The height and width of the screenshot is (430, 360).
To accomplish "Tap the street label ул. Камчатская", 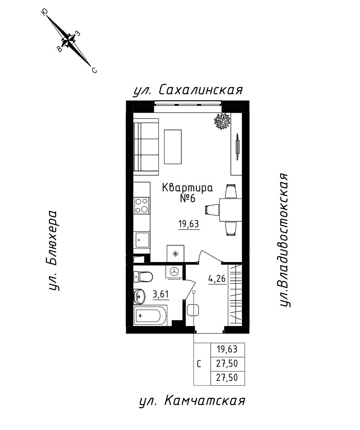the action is pyautogui.click(x=192, y=401).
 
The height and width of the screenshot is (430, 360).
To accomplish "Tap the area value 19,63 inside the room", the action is pyautogui.click(x=189, y=224).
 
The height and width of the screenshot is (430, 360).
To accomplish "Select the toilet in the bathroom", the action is pyautogui.click(x=143, y=277).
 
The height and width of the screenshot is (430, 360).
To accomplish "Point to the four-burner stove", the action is pyautogui.click(x=142, y=206).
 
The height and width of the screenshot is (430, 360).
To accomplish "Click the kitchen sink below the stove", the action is pyautogui.click(x=142, y=240).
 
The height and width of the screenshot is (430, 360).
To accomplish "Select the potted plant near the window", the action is pyautogui.click(x=222, y=121).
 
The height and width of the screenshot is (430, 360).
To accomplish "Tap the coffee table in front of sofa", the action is pyautogui.click(x=173, y=146).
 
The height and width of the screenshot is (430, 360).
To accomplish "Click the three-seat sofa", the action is pyautogui.click(x=146, y=147).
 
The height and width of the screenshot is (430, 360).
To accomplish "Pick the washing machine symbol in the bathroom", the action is pyautogui.click(x=173, y=272).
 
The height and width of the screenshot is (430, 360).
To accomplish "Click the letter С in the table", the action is pyautogui.click(x=199, y=364).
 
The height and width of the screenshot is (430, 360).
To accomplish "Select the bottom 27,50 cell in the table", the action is pyautogui.click(x=227, y=378).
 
